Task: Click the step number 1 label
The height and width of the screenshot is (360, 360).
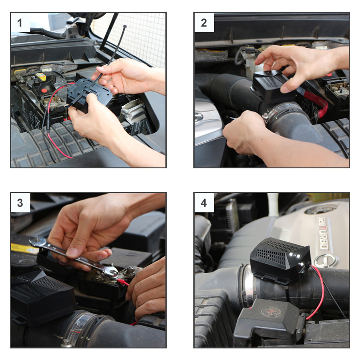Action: pos(20,23)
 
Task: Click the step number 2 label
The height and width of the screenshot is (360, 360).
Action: pos(204,23)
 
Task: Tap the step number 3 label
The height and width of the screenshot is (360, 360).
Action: pos(20,203)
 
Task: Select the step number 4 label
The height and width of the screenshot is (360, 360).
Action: pos(204,203)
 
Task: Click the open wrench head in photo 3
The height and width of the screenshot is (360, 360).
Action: pos(37,242)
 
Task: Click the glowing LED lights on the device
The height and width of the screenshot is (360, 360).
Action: pos(295,256)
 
